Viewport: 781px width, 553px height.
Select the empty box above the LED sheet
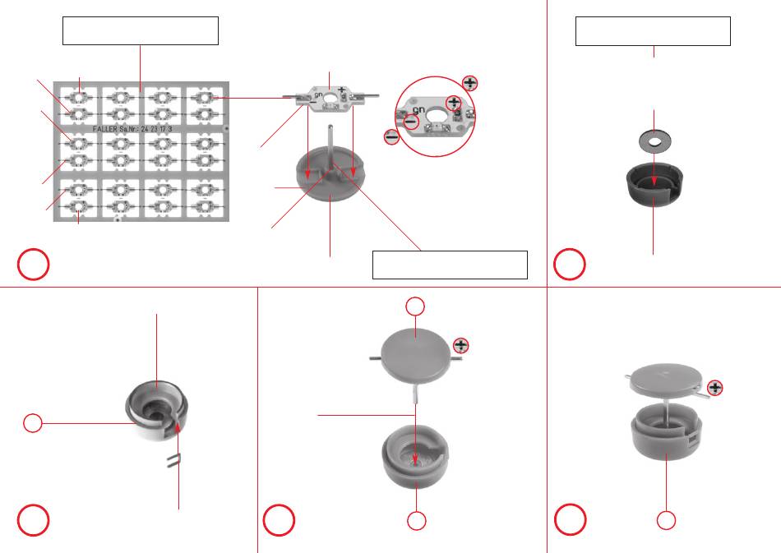point(141,31)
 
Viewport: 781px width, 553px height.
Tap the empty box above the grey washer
point(653,31)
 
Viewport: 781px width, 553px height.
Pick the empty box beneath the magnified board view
point(449,265)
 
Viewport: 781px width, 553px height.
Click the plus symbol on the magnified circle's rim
point(469,82)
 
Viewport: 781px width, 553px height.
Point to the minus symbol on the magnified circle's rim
point(391,137)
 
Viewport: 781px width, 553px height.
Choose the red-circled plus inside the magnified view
point(453,101)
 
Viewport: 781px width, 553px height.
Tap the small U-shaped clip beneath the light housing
point(173,461)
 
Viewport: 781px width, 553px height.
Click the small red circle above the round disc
point(417,306)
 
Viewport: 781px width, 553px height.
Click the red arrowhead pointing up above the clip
point(178,427)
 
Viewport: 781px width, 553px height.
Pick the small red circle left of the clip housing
point(32,423)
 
